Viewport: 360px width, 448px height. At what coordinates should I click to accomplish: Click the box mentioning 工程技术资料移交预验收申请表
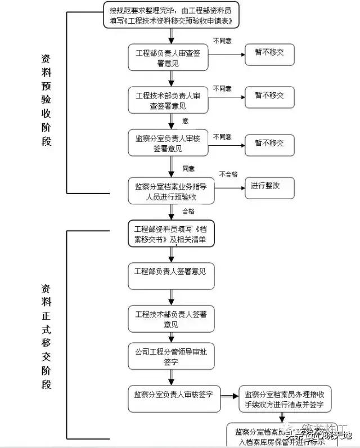coord(171,16)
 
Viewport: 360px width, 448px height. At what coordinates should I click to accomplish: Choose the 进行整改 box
coord(269,186)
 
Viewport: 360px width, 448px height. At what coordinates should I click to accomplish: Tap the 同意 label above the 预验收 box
coord(188,168)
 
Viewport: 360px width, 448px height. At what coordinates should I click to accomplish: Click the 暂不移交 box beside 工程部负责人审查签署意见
coord(269,53)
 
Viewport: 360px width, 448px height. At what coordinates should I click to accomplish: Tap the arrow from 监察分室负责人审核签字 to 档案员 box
coord(229,396)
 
